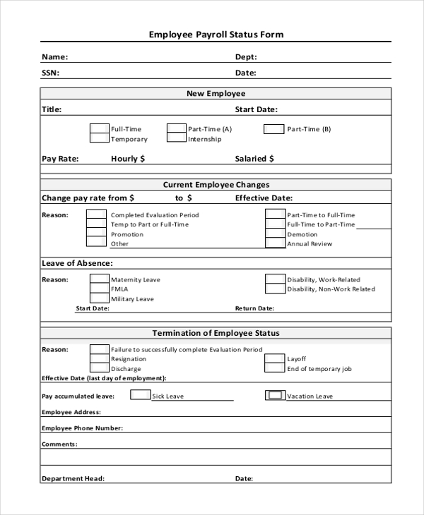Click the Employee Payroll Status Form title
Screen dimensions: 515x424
pos(216,34)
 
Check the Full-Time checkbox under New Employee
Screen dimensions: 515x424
pos(99,129)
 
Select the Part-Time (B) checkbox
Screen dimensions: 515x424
pos(273,129)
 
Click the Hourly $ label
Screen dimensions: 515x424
pos(128,159)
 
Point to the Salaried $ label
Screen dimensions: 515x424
pos(255,159)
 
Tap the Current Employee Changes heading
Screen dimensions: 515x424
pos(216,185)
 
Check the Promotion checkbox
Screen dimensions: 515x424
pos(97,234)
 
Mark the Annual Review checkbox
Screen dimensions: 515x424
pos(275,243)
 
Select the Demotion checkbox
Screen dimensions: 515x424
pos(275,234)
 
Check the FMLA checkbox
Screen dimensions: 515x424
pos(99,289)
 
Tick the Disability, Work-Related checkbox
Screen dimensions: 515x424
pos(275,279)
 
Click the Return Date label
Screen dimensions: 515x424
pos(254,308)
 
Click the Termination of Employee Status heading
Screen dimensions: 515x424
pos(216,333)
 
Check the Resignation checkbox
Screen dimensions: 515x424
pos(99,359)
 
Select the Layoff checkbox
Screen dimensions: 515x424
pos(275,359)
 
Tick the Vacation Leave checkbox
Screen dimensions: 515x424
pos(275,396)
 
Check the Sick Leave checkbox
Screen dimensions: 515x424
pos(141,396)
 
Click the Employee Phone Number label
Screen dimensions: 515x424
pos(82,428)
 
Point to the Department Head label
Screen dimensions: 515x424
pos(73,478)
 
